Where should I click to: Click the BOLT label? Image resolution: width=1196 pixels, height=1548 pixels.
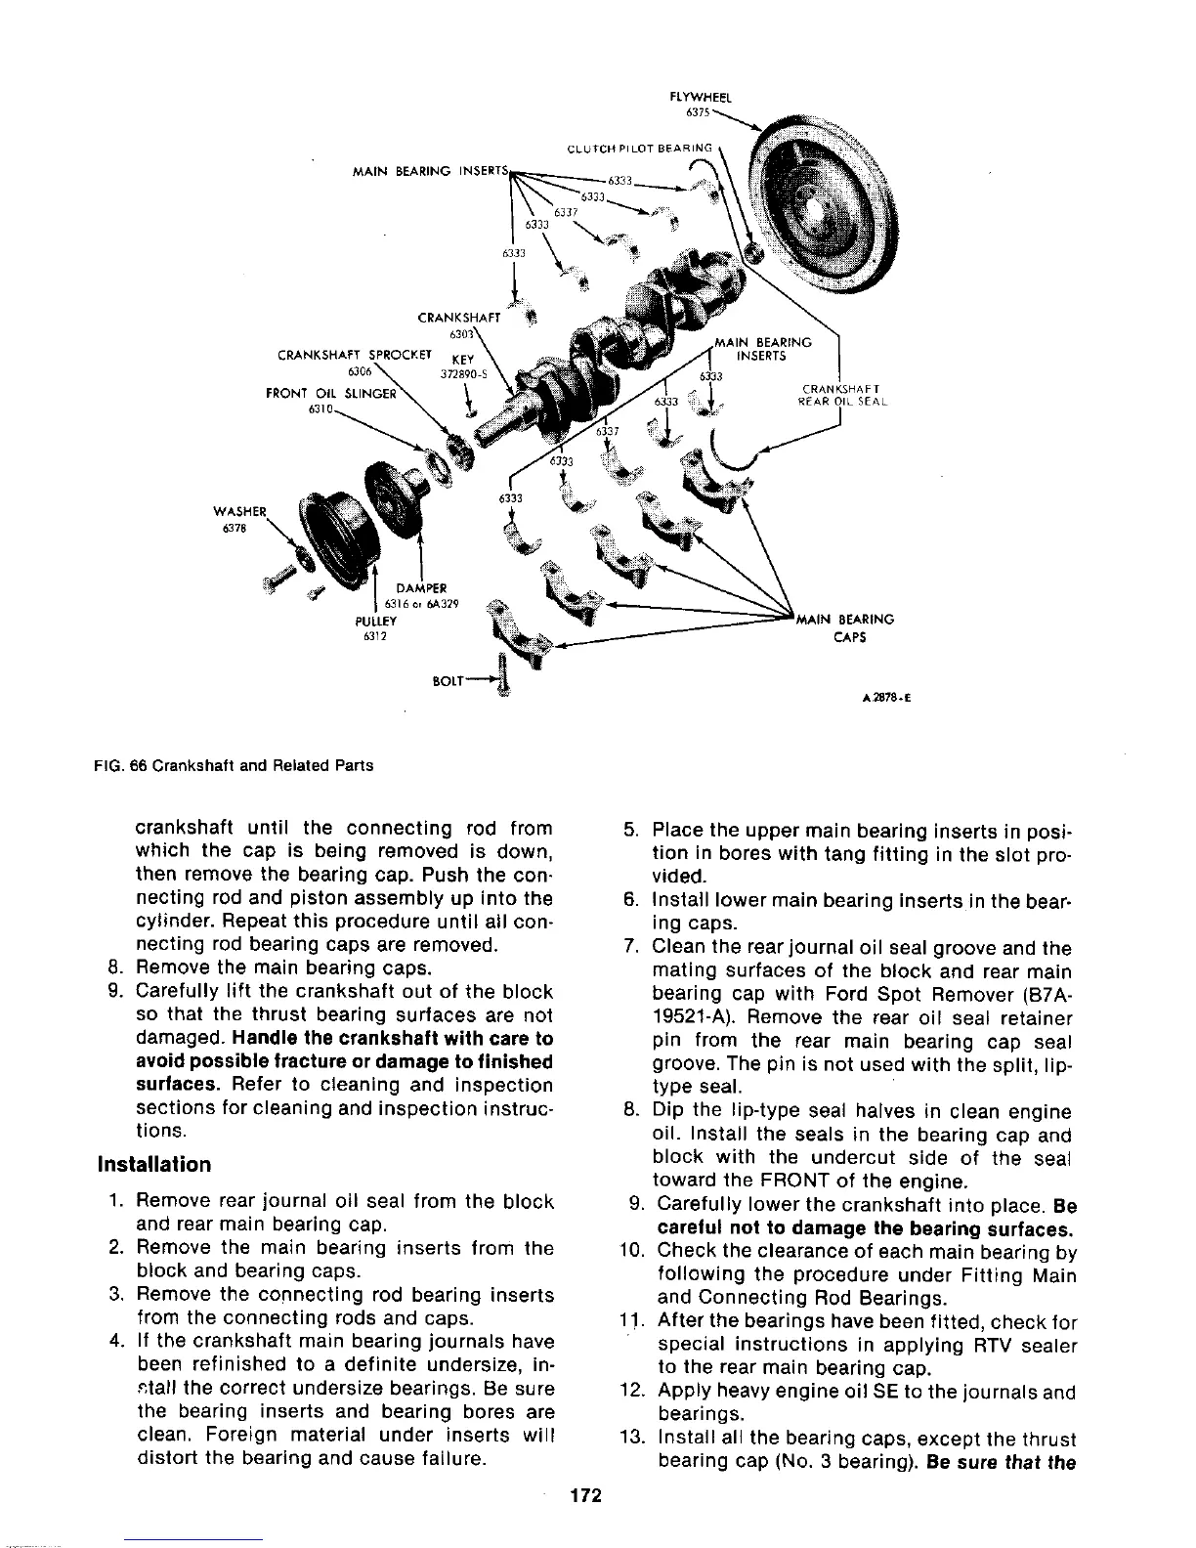pos(450,676)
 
